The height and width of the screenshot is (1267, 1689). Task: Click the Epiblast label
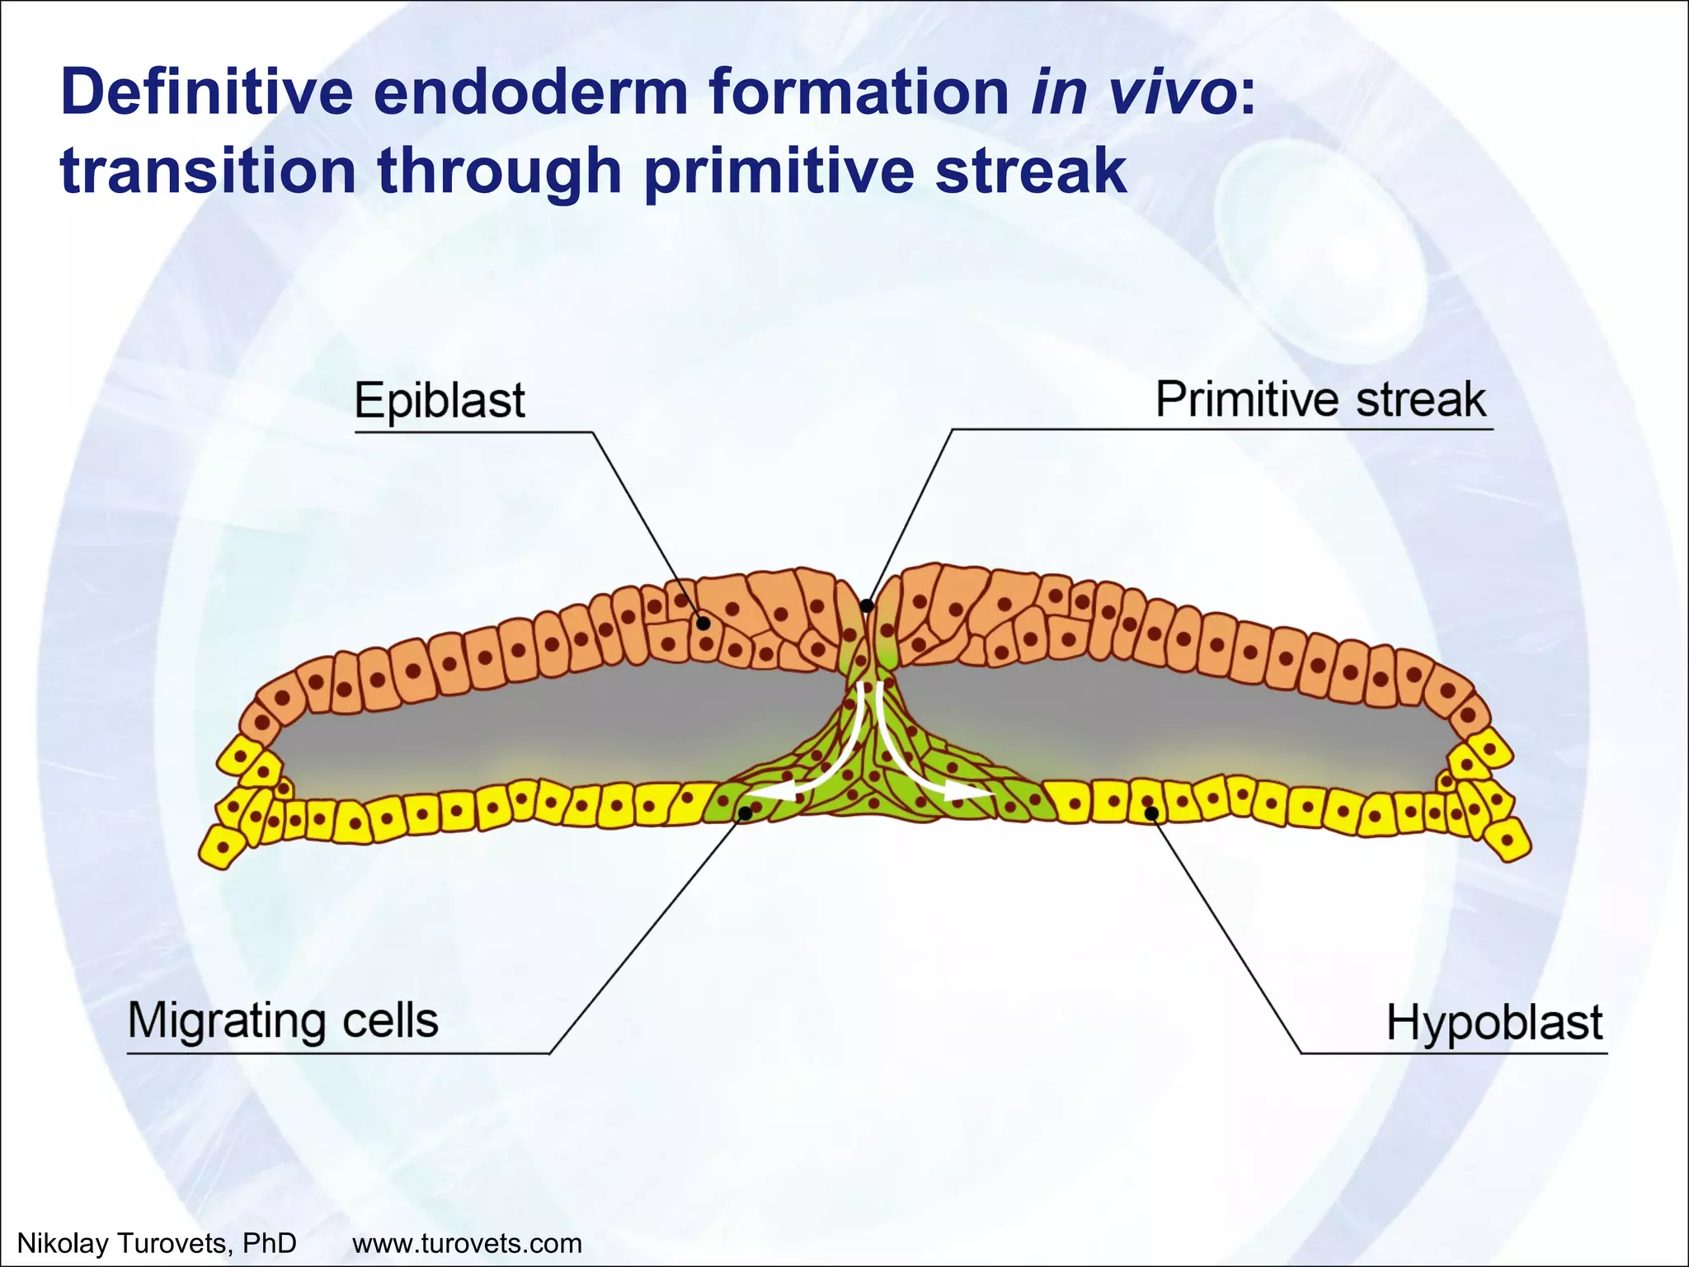pyautogui.click(x=440, y=401)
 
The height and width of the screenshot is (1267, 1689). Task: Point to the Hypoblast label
pyautogui.click(x=1494, y=1023)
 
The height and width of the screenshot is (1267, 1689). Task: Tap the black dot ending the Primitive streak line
pyautogui.click(x=867, y=606)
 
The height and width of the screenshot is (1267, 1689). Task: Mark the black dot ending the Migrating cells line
pyautogui.click(x=746, y=813)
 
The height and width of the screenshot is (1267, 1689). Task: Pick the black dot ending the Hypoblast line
pyautogui.click(x=1152, y=814)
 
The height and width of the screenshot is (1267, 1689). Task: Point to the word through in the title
pyautogui.click(x=500, y=171)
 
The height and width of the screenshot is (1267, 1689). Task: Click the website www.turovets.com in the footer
pyautogui.click(x=467, y=1242)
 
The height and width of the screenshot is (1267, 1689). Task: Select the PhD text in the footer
pyautogui.click(x=271, y=1242)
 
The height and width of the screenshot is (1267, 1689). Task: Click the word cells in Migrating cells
pyautogui.click(x=390, y=1021)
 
